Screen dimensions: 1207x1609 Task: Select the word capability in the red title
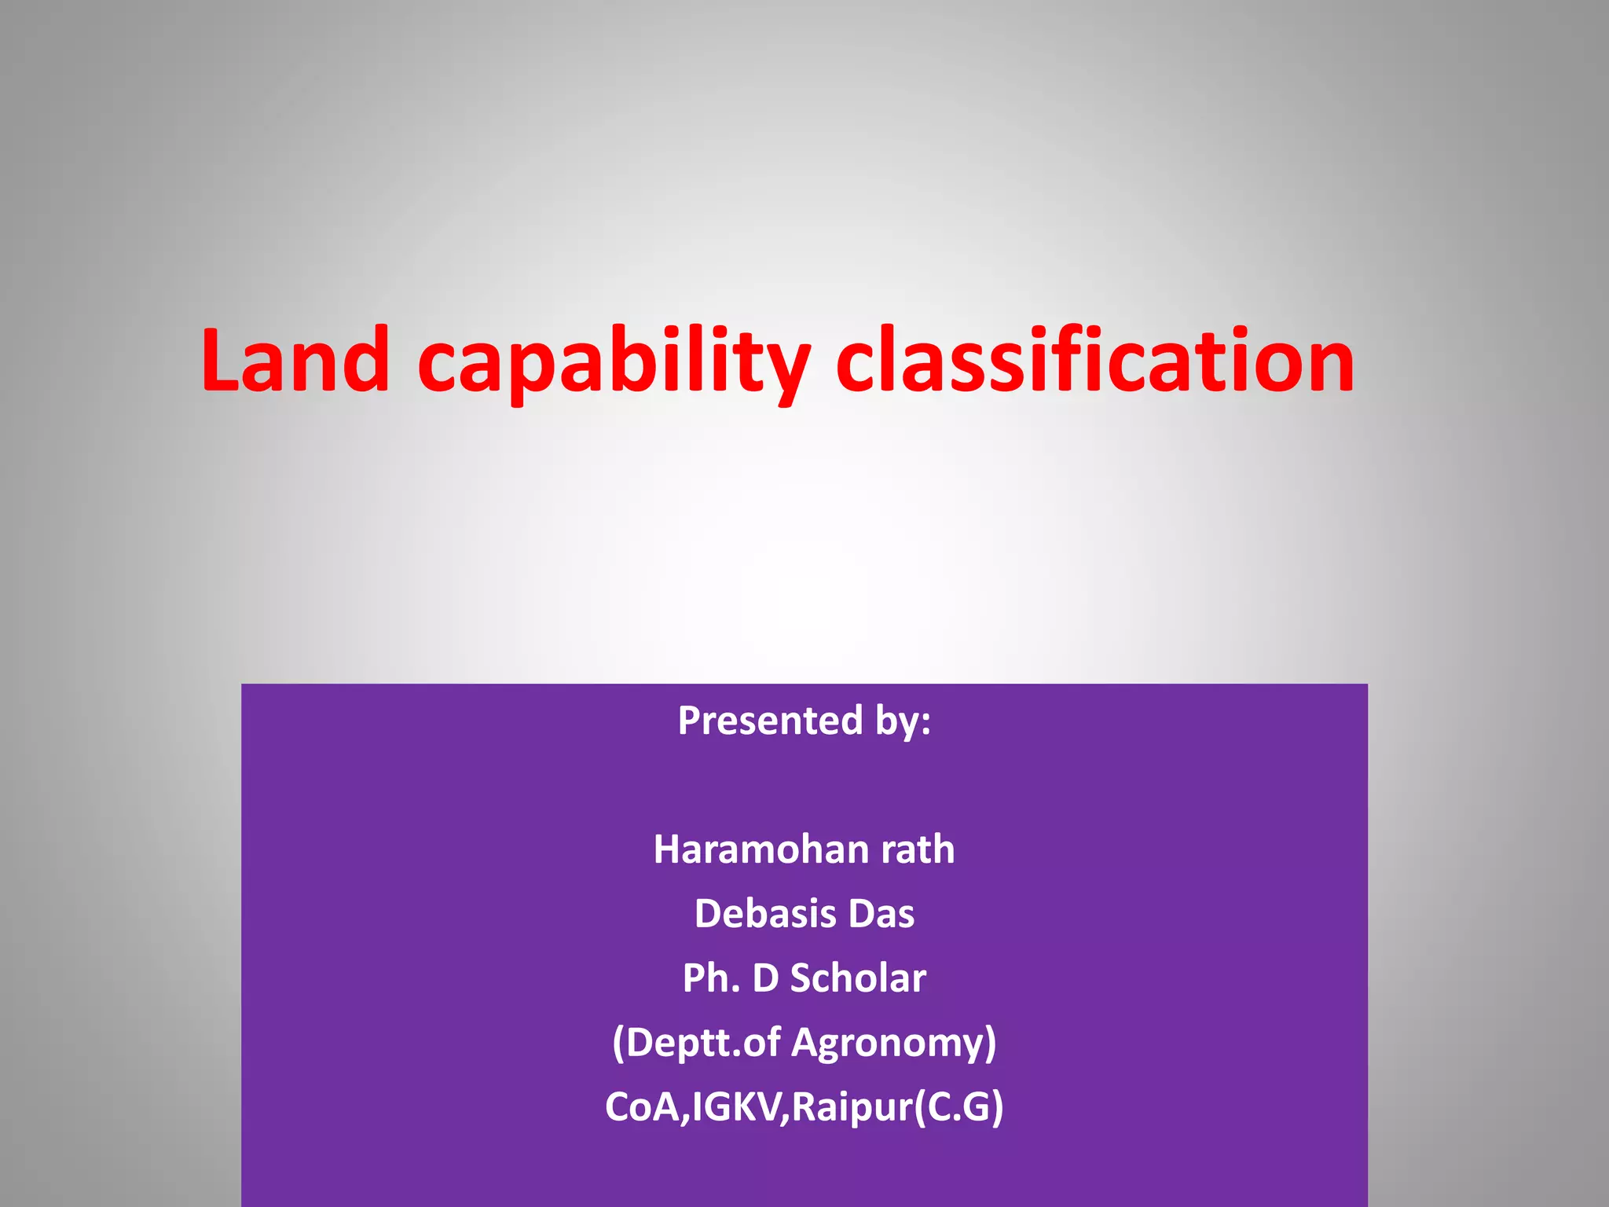tap(614, 363)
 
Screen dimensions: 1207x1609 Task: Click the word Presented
tap(770, 720)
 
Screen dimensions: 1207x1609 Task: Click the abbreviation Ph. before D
tap(711, 978)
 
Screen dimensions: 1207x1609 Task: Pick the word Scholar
tap(858, 978)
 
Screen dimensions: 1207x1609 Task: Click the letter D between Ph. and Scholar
tap(765, 978)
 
